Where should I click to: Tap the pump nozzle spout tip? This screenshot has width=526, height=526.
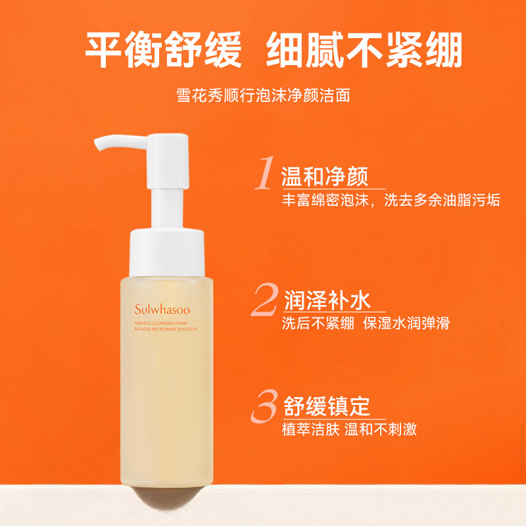pyautogui.click(x=99, y=143)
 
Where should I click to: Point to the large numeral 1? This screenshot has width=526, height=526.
pyautogui.click(x=264, y=174)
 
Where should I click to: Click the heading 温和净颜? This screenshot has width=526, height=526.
pyautogui.click(x=324, y=176)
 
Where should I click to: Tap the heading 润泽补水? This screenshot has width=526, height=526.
pyautogui.click(x=327, y=301)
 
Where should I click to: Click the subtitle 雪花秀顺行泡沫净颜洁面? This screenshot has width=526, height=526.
pyautogui.click(x=263, y=95)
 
